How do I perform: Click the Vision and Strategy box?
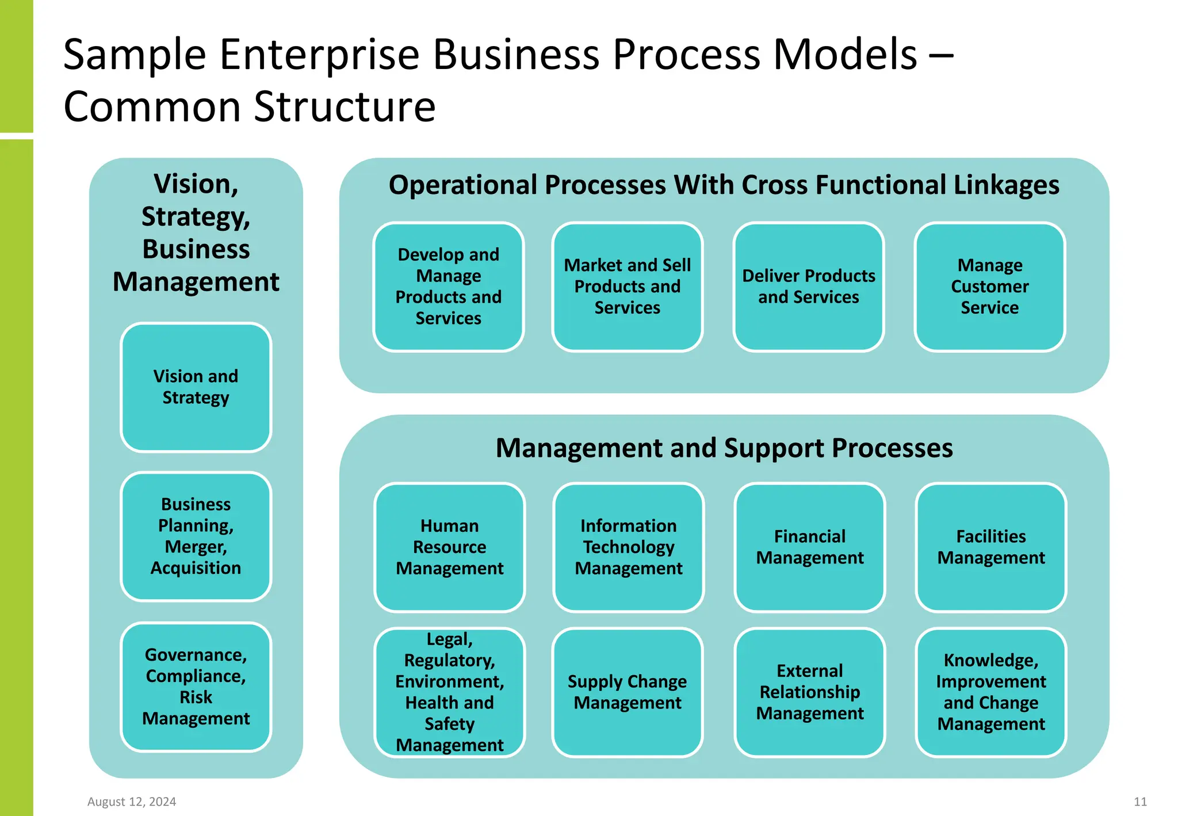196,387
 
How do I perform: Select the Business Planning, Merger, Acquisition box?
196,536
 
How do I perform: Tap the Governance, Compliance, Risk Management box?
196,687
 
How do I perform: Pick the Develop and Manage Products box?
448,287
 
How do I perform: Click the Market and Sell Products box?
627,287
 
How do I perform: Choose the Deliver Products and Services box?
808,287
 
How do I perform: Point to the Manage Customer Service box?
989,287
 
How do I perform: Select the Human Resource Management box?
449,547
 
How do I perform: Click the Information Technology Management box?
628,547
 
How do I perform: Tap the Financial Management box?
809,547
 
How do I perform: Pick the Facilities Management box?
990,547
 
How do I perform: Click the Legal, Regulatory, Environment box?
449,692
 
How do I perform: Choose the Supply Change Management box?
627,692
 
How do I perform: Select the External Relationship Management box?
809,692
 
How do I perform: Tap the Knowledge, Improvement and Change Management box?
990,692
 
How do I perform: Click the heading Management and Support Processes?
724,448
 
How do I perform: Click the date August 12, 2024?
132,802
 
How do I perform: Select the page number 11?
1140,802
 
